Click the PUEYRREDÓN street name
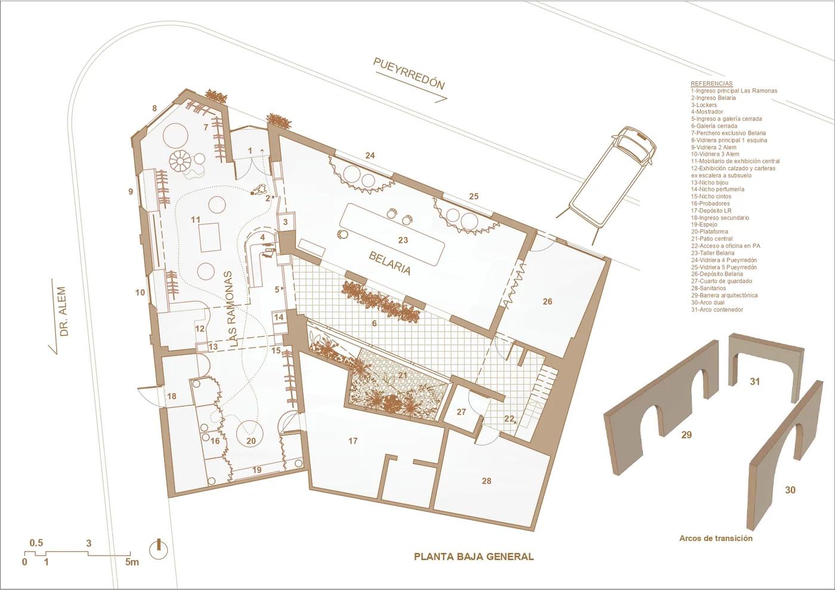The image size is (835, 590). pos(409,74)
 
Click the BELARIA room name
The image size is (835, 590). pos(389,263)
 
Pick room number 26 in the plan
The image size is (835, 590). pos(548,301)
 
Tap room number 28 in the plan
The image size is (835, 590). pos(487,481)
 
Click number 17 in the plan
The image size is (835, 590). pos(353,441)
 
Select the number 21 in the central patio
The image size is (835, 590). pos(402,375)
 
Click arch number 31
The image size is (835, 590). pos(755,382)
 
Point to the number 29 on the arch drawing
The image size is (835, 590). pos(686,434)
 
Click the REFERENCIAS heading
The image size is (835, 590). pos(712,84)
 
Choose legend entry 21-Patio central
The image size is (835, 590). pos(712,239)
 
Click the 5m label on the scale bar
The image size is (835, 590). pos(132,572)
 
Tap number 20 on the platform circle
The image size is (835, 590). pos(251,441)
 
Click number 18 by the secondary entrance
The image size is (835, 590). pos(172,396)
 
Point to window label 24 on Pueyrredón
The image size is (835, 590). pos(370,156)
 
